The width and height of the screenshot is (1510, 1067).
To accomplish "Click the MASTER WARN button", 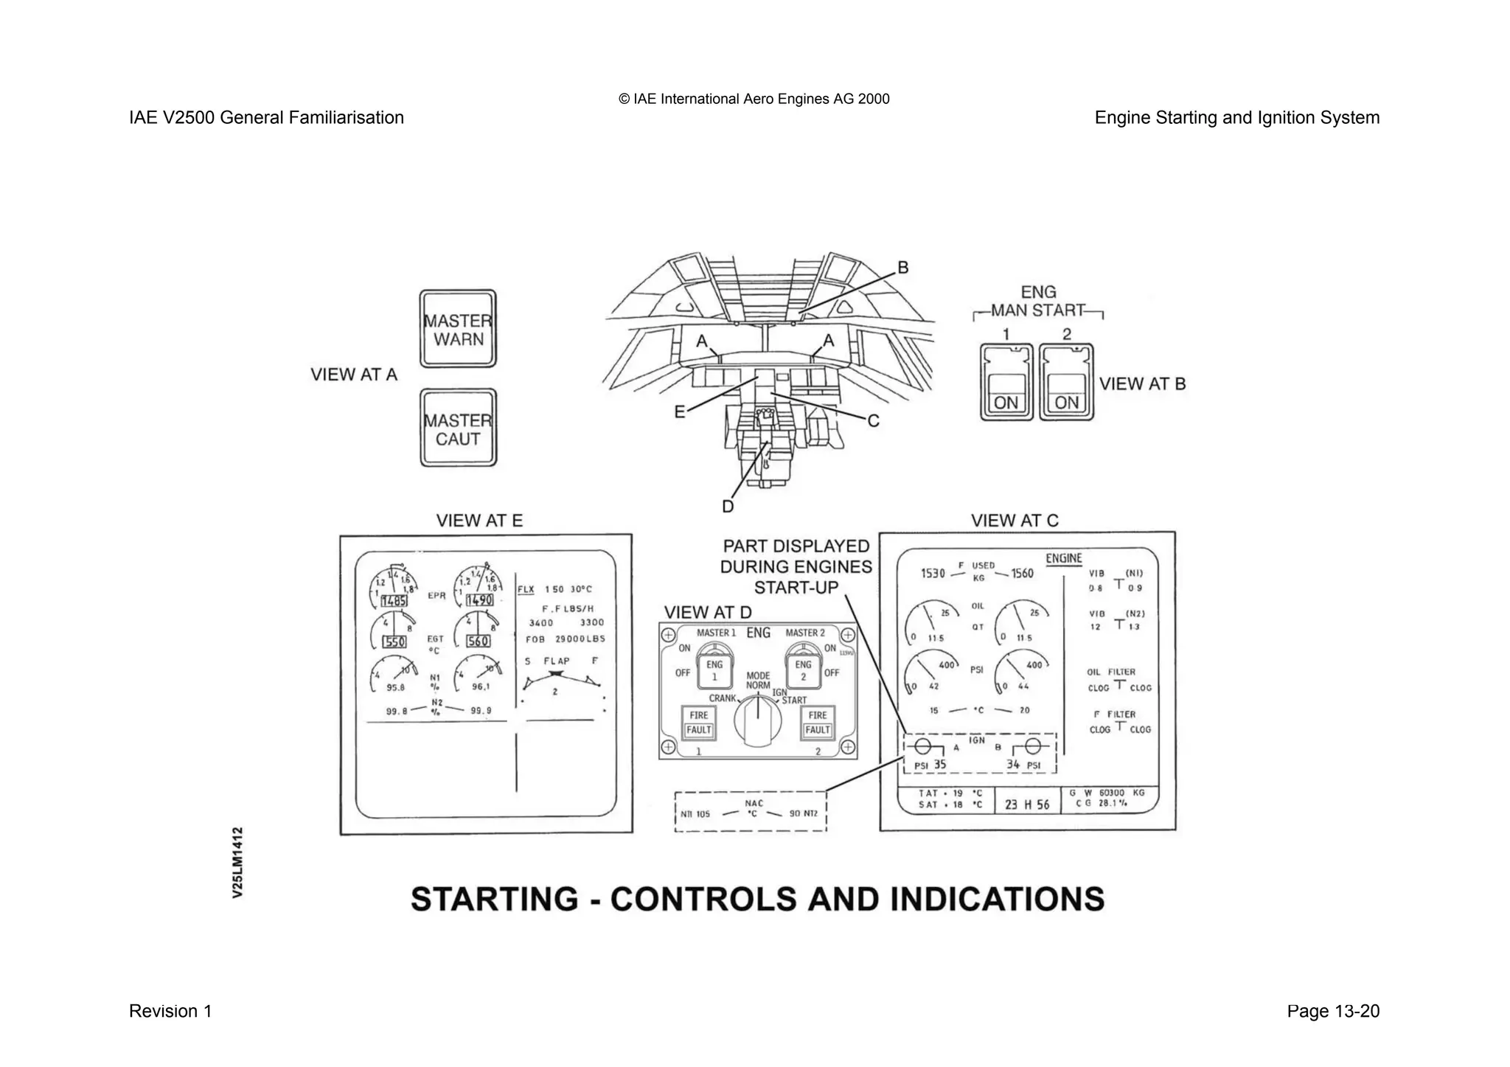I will click(458, 329).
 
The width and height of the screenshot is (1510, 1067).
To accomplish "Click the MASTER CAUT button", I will click(458, 428).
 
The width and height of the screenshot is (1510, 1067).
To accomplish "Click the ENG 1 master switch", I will click(714, 667).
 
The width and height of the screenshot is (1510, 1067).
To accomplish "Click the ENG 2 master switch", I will click(803, 667).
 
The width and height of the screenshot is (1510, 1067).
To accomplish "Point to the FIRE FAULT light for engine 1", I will click(698, 723).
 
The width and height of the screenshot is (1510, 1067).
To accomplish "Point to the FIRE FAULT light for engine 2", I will click(817, 723).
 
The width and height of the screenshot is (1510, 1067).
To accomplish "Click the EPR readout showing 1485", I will click(394, 601).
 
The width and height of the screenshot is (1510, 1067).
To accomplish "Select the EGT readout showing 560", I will click(478, 642).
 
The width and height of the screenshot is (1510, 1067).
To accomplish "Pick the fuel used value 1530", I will click(933, 573).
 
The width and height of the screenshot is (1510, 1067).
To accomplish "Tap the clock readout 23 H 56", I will click(1027, 804).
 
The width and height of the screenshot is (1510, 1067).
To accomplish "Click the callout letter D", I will click(728, 507).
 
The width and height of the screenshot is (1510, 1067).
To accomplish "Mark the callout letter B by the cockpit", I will click(902, 268).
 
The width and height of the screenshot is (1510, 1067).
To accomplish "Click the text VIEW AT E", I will click(479, 521).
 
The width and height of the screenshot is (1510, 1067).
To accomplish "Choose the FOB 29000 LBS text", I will click(565, 639).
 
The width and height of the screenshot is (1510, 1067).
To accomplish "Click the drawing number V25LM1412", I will click(237, 862).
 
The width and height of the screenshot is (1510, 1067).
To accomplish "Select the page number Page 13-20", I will click(1332, 1011).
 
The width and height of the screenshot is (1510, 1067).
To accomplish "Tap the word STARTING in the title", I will click(495, 899).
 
